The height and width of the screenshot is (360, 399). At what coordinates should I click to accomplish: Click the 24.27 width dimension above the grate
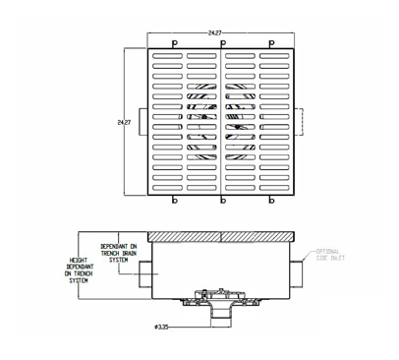click(213, 32)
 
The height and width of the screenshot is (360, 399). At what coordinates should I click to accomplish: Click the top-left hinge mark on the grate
click(174, 44)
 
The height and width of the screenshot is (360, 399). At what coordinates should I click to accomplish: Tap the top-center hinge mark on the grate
click(223, 44)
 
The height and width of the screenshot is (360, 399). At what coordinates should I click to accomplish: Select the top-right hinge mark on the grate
click(271, 44)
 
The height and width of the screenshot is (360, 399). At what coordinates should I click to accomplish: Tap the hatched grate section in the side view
click(222, 237)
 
